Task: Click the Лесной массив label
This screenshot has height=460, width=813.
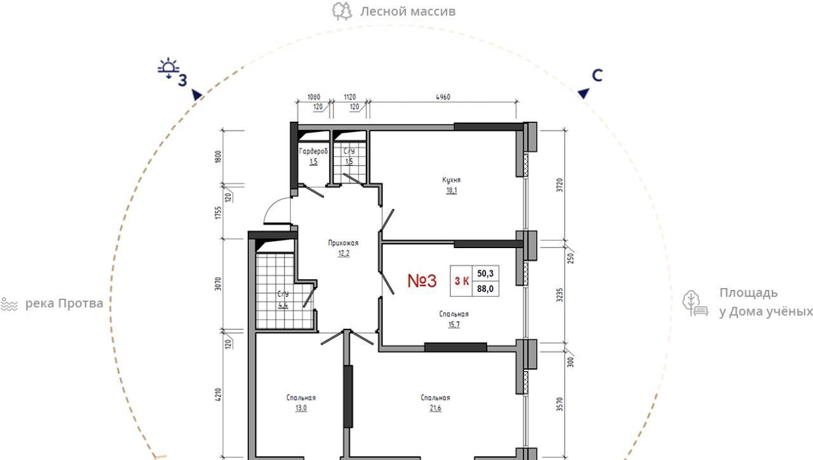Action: coord(408,11)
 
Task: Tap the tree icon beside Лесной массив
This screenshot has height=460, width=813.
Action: coord(342,11)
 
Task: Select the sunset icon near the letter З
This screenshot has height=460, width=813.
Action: coord(168,68)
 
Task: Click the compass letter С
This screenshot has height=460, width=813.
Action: coord(597,76)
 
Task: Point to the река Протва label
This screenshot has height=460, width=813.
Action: coord(64,303)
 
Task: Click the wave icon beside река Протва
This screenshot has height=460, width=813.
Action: coord(9,305)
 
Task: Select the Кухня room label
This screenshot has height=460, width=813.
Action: coord(451,180)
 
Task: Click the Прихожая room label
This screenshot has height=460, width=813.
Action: coord(343,243)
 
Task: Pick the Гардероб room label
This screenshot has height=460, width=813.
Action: coord(313,151)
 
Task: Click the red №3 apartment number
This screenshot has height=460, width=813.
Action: coord(422,281)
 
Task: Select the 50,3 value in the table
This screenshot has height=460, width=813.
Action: coord(485,273)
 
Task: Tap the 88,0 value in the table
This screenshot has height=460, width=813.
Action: coord(485,289)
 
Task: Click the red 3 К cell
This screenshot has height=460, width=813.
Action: coord(462,281)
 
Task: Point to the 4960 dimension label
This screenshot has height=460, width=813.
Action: coord(443,97)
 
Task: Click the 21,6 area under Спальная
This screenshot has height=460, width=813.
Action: coord(435,409)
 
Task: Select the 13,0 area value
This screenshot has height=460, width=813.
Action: coord(301,409)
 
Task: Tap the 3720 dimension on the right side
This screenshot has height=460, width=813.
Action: coord(560,185)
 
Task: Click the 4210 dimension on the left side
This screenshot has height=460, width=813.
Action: coord(218,395)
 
